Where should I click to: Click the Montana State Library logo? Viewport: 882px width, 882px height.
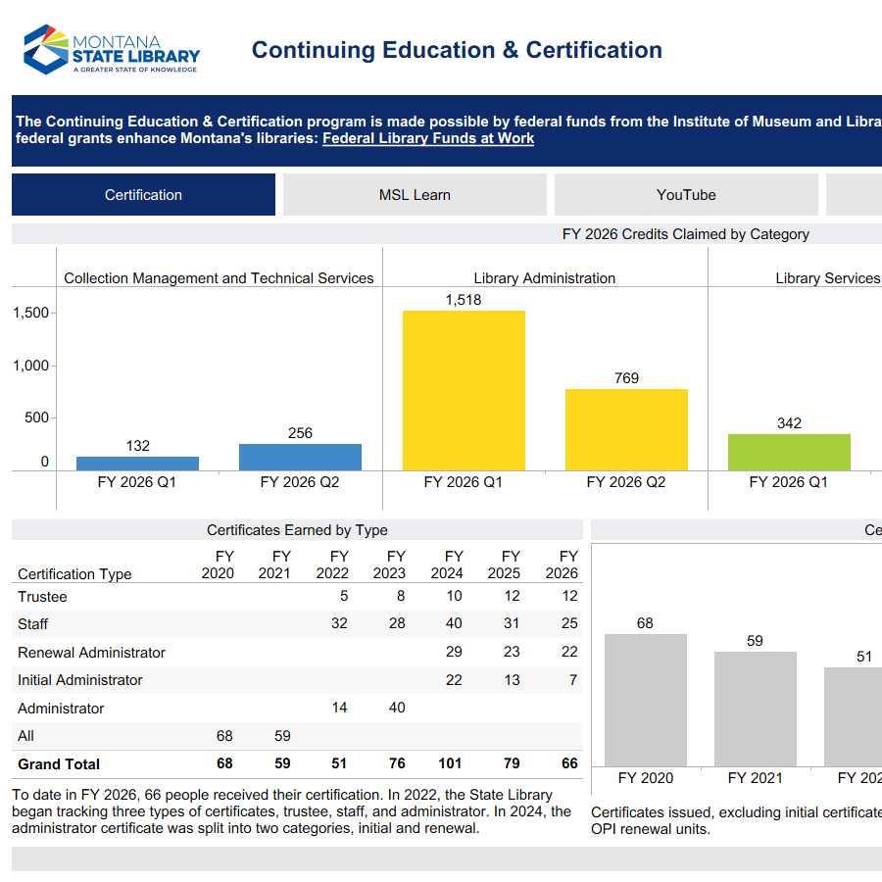tap(112, 50)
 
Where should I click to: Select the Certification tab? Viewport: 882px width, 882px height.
tap(143, 195)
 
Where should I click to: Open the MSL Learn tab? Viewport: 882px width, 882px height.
tap(415, 195)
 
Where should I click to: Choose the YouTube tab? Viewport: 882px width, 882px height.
tap(686, 195)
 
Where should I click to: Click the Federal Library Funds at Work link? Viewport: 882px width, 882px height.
tap(428, 139)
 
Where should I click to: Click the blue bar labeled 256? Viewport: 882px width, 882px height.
tap(300, 457)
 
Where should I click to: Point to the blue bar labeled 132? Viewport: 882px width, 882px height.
tap(137, 463)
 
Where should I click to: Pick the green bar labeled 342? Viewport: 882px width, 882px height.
tap(789, 452)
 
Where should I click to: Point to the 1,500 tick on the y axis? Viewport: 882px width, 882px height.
tap(30, 314)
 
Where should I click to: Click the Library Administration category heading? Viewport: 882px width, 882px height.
tap(544, 278)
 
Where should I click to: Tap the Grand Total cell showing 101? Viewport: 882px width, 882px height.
tap(447, 764)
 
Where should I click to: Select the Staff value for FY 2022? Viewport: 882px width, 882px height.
tap(339, 624)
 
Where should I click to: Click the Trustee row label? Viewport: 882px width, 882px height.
tap(43, 597)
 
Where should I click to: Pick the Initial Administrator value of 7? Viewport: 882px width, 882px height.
tap(573, 680)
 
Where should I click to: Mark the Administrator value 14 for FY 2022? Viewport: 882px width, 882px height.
tap(339, 709)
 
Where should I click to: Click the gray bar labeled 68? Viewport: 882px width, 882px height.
tap(645, 700)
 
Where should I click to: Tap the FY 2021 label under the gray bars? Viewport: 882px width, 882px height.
tap(755, 778)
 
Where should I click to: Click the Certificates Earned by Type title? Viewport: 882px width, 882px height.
tap(297, 530)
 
